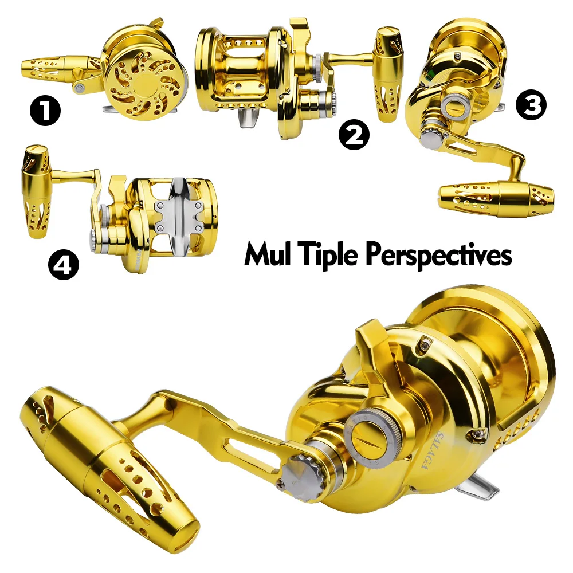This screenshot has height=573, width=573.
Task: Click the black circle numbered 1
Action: pos(45,111)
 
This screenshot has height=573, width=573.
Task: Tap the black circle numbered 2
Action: pos(354,135)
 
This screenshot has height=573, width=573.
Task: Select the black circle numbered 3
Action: pos(531,105)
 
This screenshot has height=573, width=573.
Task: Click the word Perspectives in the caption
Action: pos(438,255)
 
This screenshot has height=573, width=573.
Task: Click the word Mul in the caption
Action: pos(268,254)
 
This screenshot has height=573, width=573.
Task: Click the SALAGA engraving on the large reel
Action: pos(432,450)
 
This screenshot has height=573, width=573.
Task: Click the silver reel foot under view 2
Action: pos(248,117)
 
